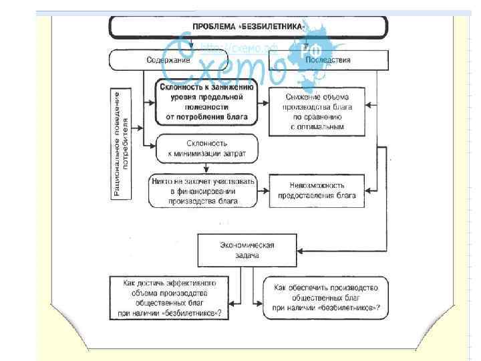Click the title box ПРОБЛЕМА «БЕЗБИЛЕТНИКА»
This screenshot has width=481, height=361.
pyautogui.click(x=248, y=27)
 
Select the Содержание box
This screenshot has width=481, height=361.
pyautogui.click(x=163, y=60)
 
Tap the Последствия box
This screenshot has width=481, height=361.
pyautogui.click(x=327, y=60)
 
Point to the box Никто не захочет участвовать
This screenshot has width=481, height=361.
pyautogui.click(x=202, y=191)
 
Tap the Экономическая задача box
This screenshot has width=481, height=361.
pyautogui.click(x=247, y=250)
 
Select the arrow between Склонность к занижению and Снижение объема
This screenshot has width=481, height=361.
pyautogui.click(x=261, y=103)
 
